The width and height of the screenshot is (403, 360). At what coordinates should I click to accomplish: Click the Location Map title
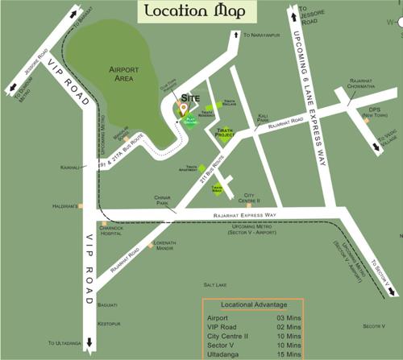195,13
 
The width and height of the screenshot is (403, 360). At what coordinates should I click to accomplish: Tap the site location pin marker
184,110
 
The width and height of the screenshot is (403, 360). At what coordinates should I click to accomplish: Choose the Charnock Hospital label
107,230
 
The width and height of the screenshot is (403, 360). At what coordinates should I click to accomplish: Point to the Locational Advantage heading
251,305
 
